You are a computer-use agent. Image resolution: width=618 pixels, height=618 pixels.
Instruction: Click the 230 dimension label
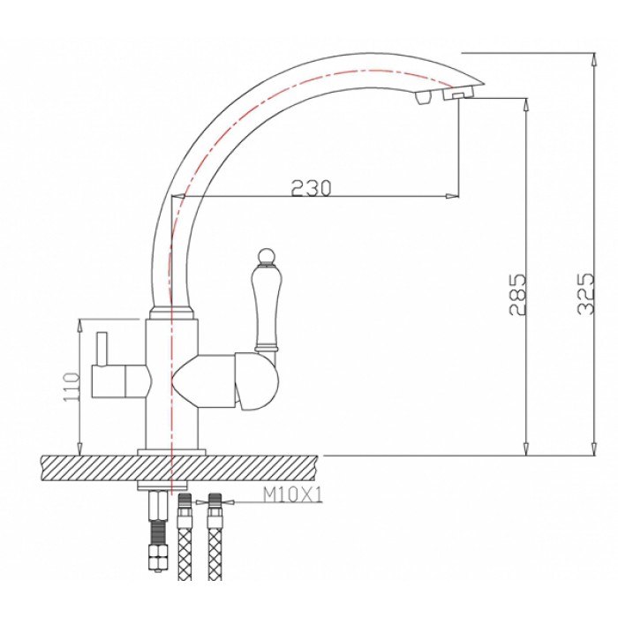pos(311,186)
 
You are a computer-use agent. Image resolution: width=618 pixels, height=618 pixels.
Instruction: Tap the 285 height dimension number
pos(518,295)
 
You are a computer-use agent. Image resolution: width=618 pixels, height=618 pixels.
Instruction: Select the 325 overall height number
pos(584,292)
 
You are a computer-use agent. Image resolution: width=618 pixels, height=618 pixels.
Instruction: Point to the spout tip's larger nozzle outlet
pos(458,94)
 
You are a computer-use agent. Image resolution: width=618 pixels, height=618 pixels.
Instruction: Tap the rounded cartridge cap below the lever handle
pos(257,385)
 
